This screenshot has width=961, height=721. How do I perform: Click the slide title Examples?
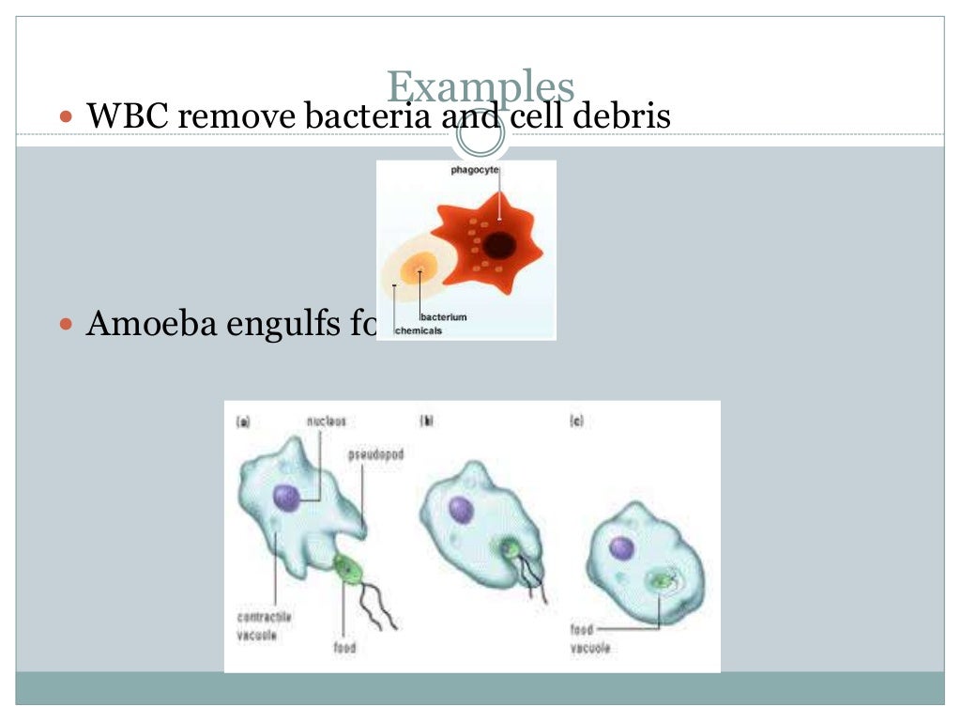pos(480,87)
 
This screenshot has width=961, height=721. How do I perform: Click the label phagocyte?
pos(475,170)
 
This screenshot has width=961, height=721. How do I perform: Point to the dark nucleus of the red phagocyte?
pos(498,245)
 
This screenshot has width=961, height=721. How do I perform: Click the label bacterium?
pos(444,317)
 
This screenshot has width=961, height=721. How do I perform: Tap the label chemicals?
pos(419,330)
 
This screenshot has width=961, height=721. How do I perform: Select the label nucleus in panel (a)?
pos(326,422)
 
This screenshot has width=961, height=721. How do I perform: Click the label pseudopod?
pos(375,454)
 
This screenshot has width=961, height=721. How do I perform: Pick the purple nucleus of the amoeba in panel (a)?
pos(286,498)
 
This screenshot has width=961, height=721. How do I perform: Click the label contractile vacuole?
pos(264,625)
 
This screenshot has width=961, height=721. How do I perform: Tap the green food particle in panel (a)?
pos(347,567)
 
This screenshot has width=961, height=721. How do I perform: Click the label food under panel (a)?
pos(344,648)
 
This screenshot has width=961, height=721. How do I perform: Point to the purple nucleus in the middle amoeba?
pos(460,509)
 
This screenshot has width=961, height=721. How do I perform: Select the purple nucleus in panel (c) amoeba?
pos(620,547)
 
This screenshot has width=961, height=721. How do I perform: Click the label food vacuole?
pos(590,638)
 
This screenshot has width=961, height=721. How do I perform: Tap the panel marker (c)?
pos(577,422)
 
